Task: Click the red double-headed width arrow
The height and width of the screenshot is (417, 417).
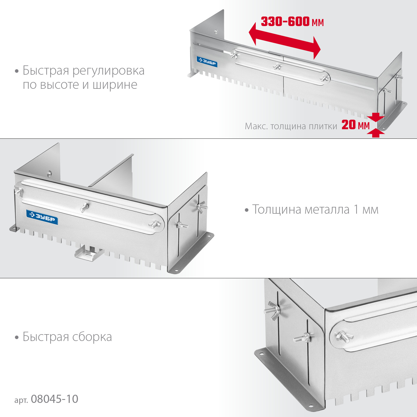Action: coord(285,41)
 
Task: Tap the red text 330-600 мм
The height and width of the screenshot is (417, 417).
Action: coord(292,22)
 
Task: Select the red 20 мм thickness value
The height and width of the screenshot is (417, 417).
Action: coord(355,125)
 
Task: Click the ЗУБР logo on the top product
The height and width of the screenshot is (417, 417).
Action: coord(207,62)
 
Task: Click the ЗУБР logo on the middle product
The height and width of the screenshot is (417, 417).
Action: coord(42,217)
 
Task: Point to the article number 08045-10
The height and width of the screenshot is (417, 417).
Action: coord(54,399)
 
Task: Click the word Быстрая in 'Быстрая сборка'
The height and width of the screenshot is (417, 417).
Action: coord(46,337)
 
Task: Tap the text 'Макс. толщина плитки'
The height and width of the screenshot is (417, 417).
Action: coord(291,126)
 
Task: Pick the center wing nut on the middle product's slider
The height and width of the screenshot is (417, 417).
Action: coord(84,207)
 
